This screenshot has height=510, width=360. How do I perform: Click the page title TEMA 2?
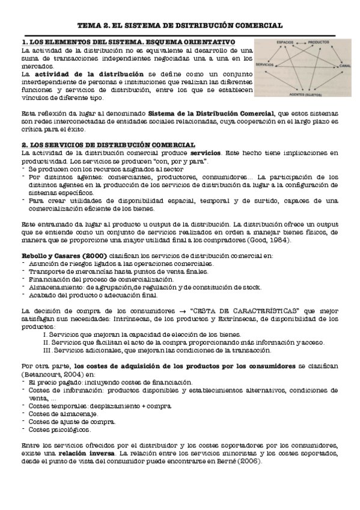point(180,26)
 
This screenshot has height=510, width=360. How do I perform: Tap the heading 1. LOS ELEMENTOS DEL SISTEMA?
point(128,43)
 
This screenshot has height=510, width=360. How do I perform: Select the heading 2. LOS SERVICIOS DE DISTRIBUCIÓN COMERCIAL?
point(108,145)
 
